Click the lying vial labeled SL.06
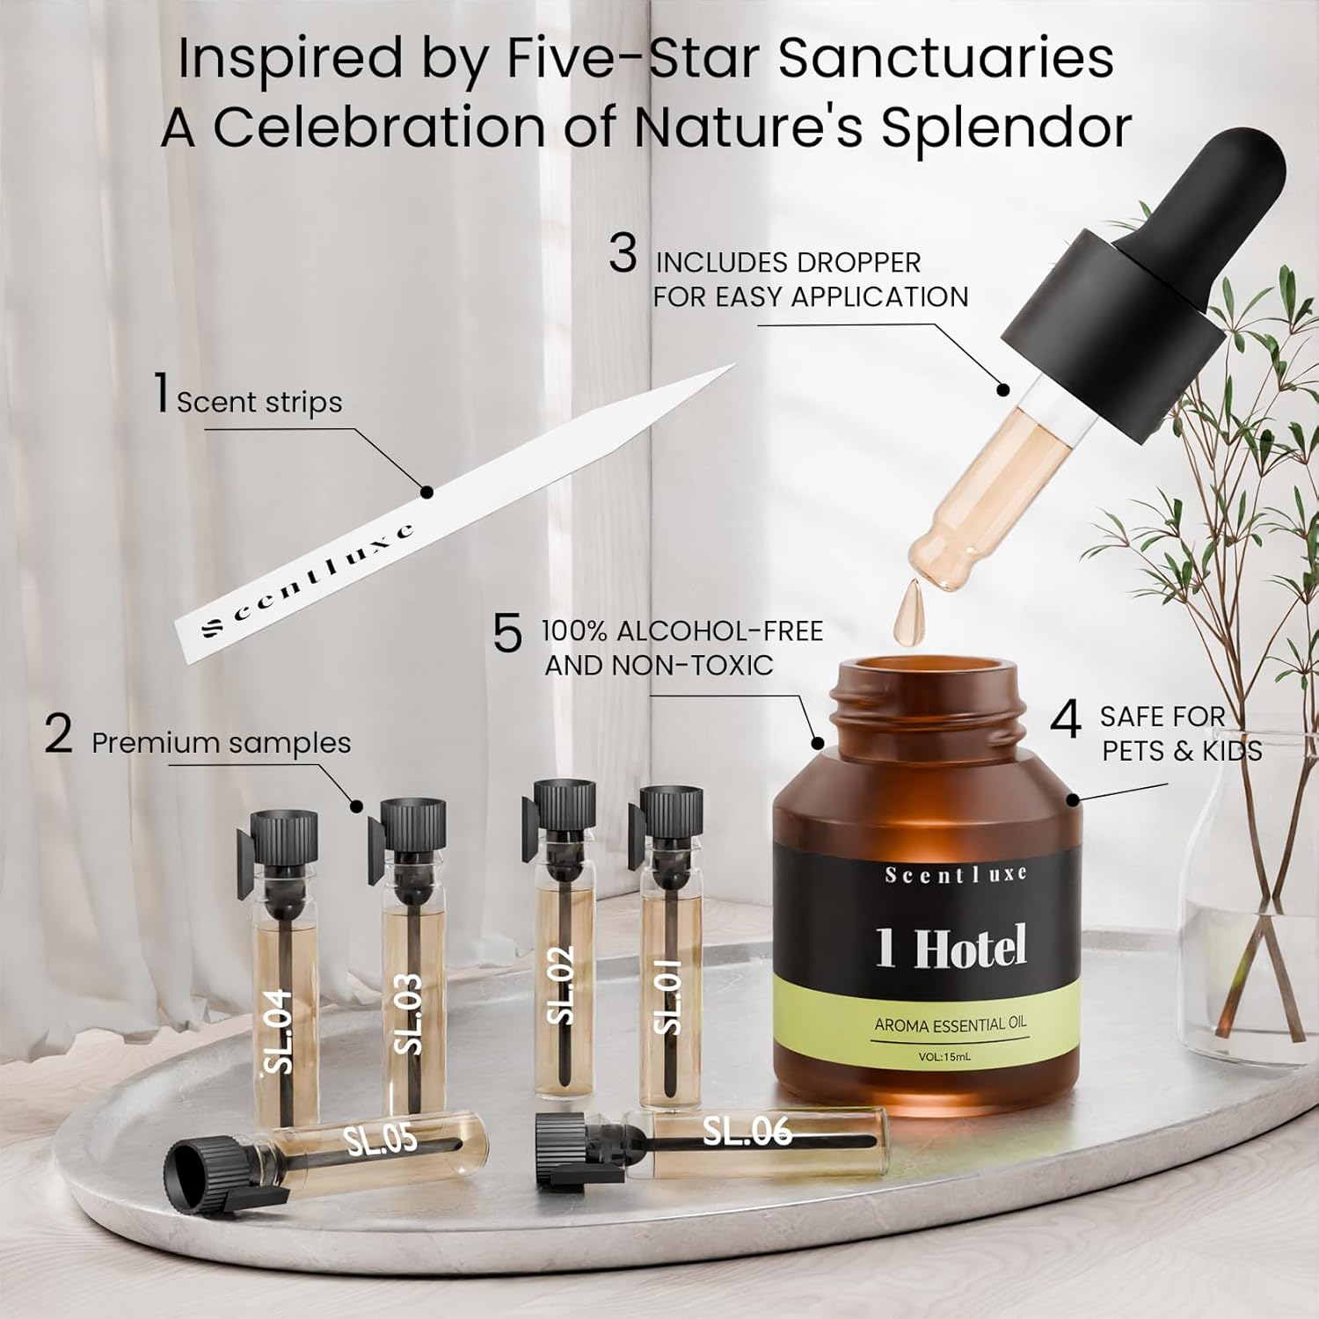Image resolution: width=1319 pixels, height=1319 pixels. (x=712, y=1143)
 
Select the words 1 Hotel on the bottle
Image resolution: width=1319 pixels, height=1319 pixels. (x=951, y=948)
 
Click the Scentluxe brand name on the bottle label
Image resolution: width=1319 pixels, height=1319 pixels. (x=956, y=874)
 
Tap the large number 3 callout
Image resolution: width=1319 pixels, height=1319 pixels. (x=623, y=255)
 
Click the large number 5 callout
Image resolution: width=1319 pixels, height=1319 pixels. (x=507, y=633)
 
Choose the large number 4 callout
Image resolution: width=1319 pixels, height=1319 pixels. (x=1066, y=721)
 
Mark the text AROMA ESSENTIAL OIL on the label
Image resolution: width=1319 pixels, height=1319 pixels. (x=951, y=1024)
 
